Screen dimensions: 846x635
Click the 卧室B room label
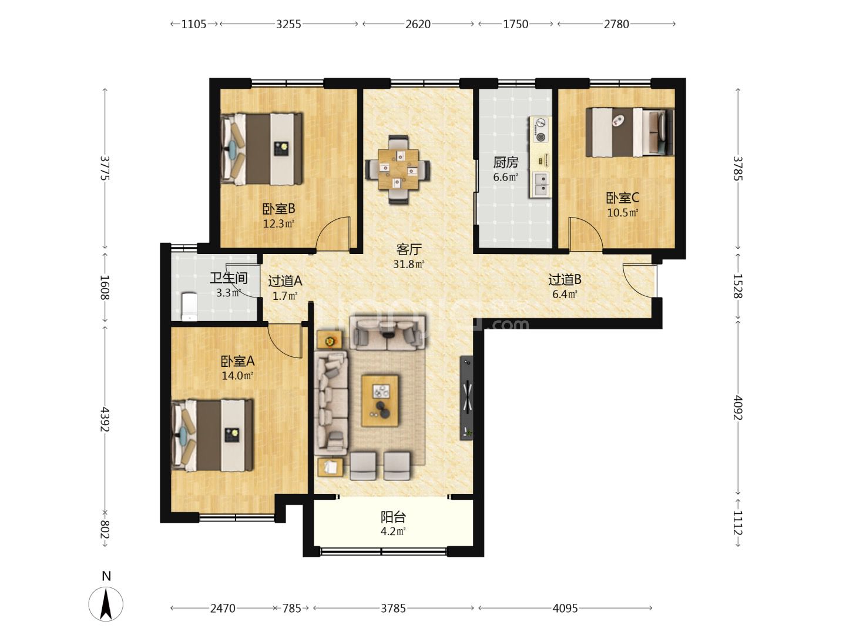[x=278, y=209]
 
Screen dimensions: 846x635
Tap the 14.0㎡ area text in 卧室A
[x=237, y=376]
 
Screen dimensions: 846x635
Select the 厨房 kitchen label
[x=506, y=163]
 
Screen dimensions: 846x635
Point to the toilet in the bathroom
[x=189, y=306]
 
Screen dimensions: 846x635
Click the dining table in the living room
[x=398, y=169]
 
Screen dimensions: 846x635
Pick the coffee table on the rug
[x=380, y=400]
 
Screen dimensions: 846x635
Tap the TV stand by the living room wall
[x=466, y=397]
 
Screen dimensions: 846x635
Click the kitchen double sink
[x=542, y=184]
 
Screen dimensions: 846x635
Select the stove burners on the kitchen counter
[x=540, y=129]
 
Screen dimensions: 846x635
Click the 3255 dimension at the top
[x=288, y=24]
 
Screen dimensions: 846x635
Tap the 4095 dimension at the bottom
[x=565, y=609]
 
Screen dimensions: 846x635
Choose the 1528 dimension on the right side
[x=737, y=286]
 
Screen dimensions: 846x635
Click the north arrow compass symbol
[x=106, y=604]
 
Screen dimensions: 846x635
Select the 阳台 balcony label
[x=393, y=517]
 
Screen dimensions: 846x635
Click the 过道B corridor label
[x=565, y=279]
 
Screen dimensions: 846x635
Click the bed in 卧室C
[x=630, y=132]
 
